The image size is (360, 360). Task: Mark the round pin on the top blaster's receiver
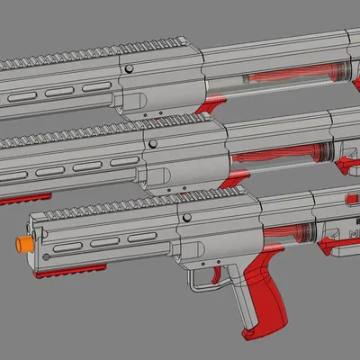[x=129, y=68]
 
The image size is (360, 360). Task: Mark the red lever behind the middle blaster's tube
[x=346, y=162]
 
